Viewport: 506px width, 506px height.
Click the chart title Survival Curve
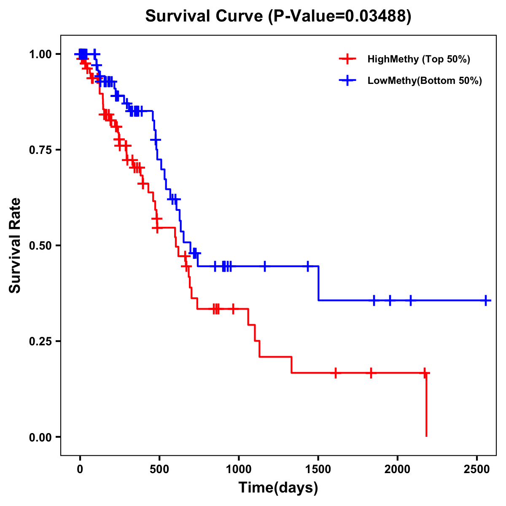278,16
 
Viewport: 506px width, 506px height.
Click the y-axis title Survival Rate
15,245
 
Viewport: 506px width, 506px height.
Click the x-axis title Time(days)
278,487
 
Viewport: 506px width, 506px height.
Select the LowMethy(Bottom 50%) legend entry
424,81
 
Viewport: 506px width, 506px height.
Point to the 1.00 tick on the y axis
40,54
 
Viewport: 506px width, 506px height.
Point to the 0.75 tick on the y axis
40,150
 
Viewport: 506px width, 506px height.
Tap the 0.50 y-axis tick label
40,246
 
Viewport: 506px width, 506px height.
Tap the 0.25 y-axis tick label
40,342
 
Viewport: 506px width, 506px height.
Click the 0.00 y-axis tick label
40,437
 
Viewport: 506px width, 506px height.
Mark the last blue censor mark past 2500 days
486,301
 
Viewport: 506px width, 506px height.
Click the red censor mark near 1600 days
335,373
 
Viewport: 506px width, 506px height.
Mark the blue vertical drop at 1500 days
318,283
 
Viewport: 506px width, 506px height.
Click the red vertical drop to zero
426,405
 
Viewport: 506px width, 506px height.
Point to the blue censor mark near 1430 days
307,266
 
